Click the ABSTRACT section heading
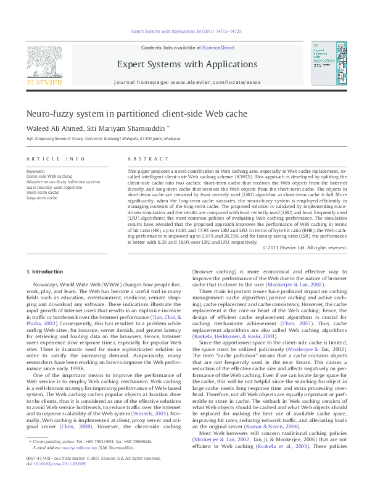click(143, 159)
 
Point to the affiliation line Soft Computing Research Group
click(99, 139)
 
